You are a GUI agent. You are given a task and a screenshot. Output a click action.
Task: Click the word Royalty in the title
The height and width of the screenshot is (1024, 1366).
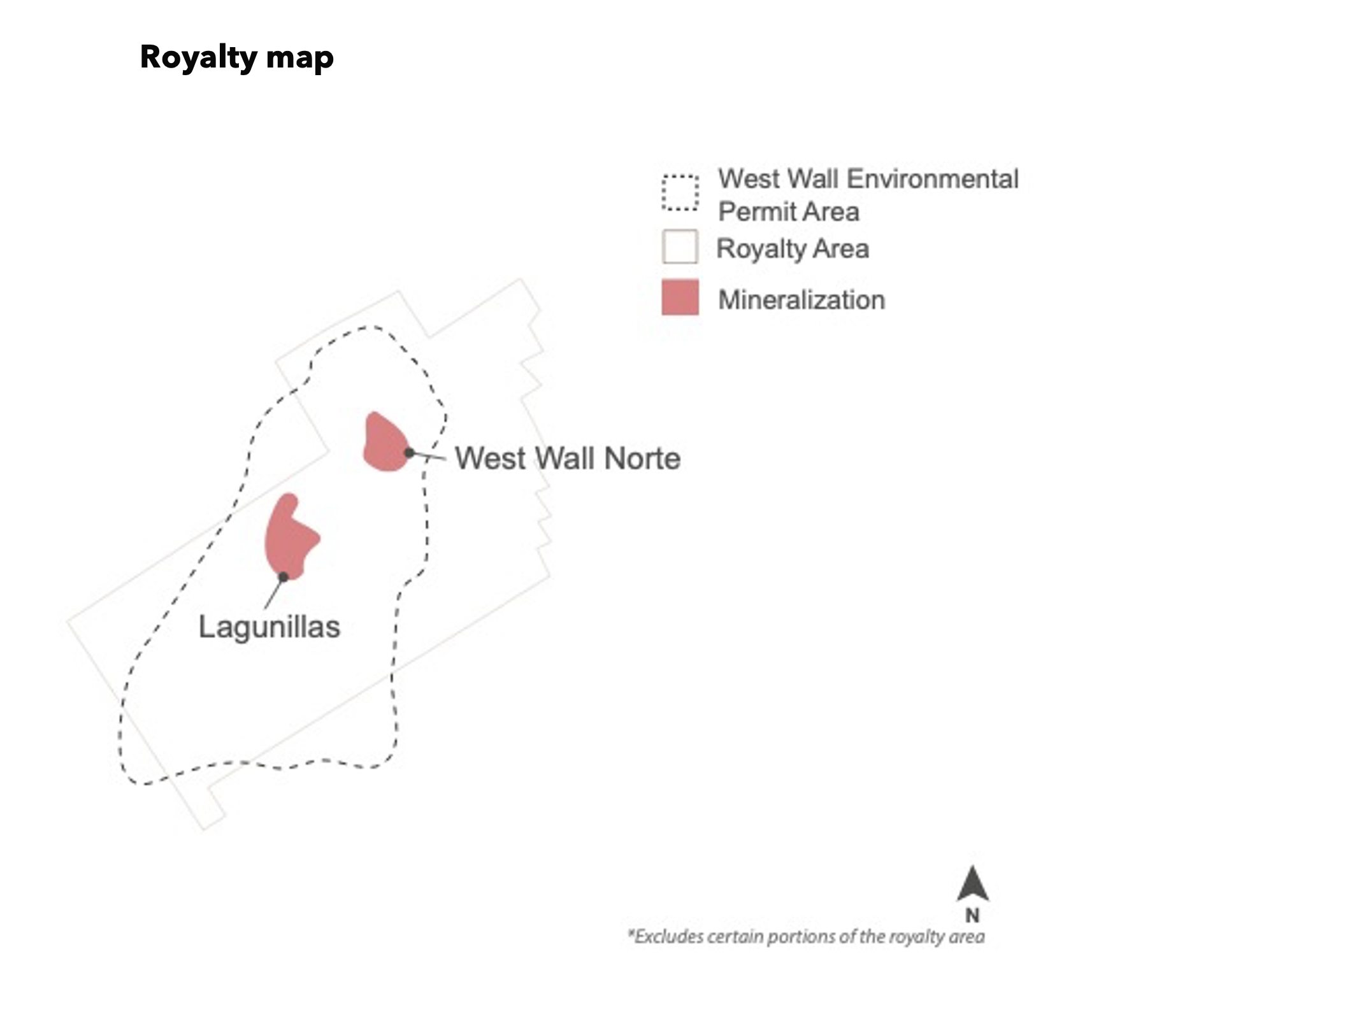click(199, 59)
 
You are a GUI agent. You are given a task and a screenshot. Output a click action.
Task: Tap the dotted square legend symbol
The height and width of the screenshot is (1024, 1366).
click(680, 192)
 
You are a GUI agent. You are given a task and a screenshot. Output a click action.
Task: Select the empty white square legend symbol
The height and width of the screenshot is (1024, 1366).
click(680, 246)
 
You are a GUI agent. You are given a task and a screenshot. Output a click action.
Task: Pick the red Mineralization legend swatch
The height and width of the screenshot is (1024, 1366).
click(680, 297)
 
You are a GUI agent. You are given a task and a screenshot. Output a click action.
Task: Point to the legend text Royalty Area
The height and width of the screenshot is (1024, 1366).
click(793, 249)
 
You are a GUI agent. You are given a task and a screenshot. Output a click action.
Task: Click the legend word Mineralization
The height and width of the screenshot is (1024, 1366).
click(802, 300)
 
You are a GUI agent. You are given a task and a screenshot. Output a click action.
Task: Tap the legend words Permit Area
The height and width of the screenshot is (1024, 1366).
click(789, 212)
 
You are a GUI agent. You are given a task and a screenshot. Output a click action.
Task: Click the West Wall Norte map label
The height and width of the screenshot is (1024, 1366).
click(568, 459)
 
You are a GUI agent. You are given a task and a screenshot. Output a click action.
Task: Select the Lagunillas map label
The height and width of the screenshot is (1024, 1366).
click(270, 627)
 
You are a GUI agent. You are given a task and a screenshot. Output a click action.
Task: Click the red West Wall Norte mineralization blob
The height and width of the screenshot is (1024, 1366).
click(385, 444)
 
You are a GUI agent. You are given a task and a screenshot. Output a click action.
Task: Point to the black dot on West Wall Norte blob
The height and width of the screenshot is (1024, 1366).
click(410, 453)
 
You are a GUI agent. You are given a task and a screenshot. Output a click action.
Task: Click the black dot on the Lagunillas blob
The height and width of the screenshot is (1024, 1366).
click(284, 577)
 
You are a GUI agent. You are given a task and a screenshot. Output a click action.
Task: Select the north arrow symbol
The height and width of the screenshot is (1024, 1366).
click(973, 883)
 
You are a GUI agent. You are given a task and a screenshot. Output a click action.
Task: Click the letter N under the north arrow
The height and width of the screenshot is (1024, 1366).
click(972, 916)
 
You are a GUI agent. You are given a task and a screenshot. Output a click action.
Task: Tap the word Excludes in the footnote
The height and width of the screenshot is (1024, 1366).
click(666, 937)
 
